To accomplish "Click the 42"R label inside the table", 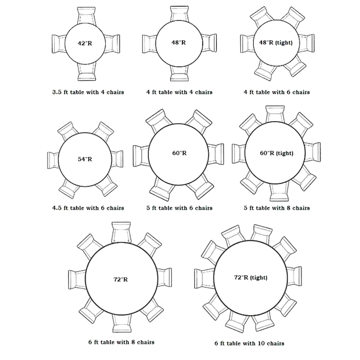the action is [85, 43].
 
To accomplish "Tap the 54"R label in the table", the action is [85, 159].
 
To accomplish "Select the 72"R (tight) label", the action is [251, 278].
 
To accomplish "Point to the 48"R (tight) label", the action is [276, 43].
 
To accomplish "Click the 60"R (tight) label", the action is [277, 153].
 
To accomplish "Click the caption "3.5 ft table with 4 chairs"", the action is [88, 92].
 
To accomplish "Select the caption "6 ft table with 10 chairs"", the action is [249, 343].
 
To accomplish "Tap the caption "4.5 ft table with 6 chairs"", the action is [88, 208].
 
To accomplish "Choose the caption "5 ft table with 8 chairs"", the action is [277, 208].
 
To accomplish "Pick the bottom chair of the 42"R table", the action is [86, 72].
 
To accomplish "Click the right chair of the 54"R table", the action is [117, 159].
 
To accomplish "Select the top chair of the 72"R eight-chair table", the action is [121, 232].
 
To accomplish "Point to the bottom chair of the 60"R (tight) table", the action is [279, 192].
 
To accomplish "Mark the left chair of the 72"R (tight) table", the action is [204, 279].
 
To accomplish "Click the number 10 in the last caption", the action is [258, 343].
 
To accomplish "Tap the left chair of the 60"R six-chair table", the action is [141, 155].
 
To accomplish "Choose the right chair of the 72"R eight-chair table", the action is [165, 278].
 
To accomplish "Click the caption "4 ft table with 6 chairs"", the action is [277, 92].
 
